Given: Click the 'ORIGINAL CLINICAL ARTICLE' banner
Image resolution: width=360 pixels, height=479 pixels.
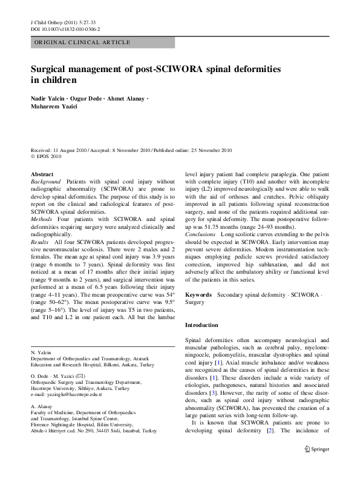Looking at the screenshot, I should pyautogui.click(x=82, y=43).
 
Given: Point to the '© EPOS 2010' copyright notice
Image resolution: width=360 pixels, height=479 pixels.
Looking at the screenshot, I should pyautogui.click(x=48, y=155).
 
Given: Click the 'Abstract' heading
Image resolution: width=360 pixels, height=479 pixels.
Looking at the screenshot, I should pyautogui.click(x=42, y=174).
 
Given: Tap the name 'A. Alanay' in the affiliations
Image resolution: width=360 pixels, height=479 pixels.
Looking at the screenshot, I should pyautogui.click(x=42, y=406).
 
